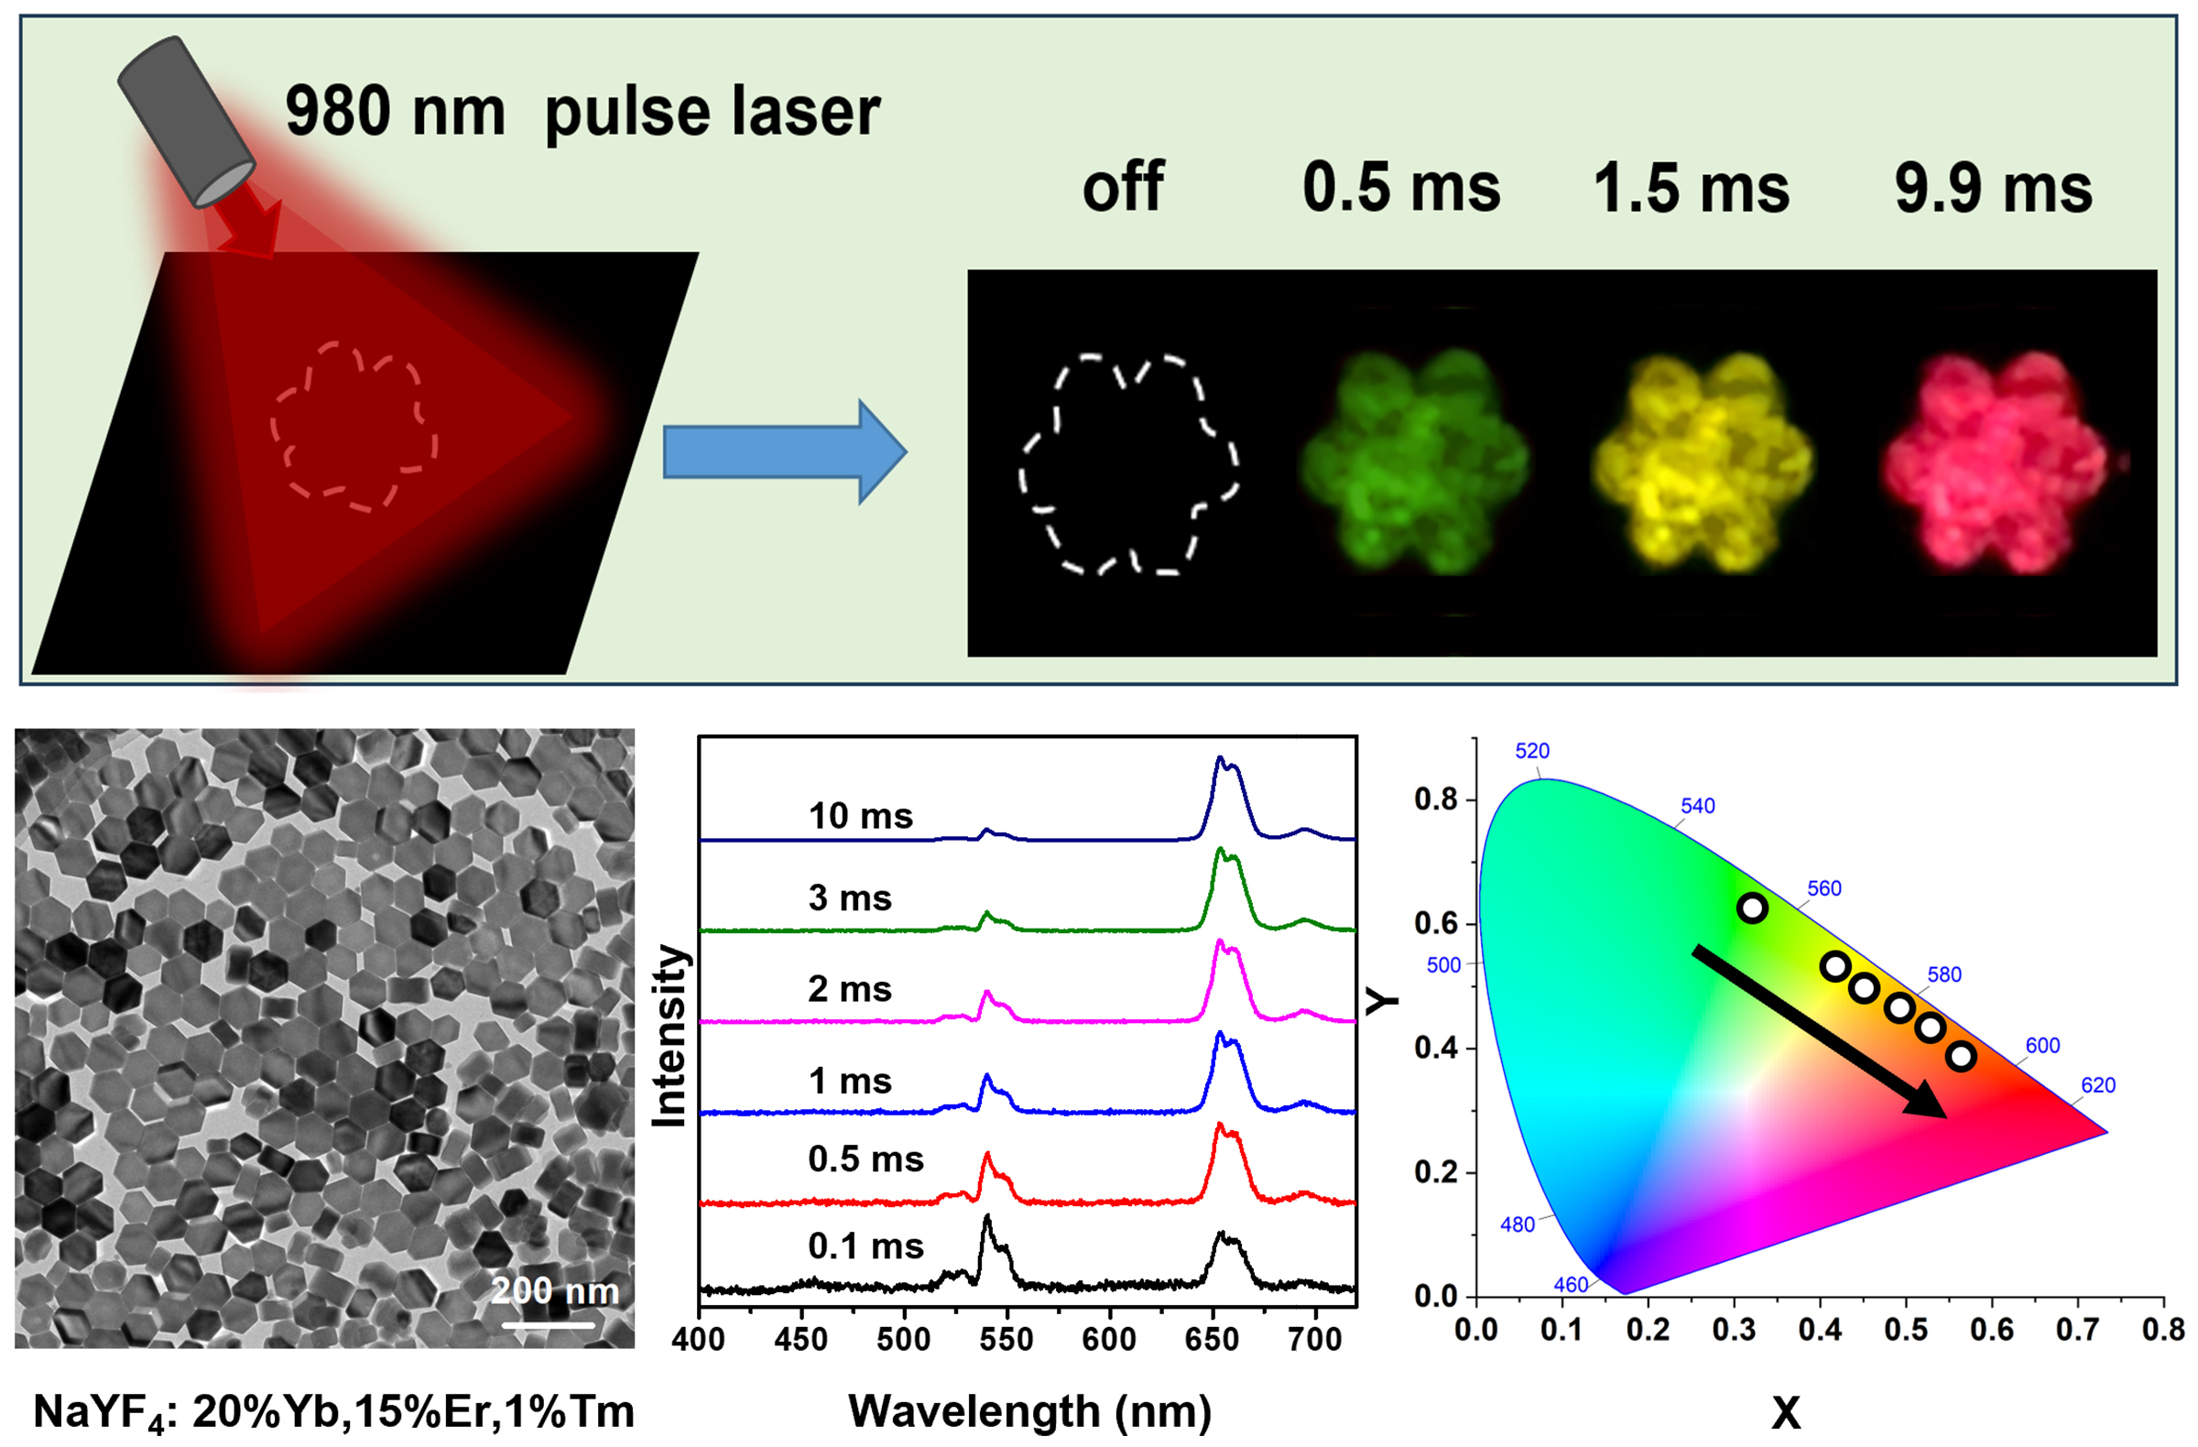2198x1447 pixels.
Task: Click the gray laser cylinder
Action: [x=185, y=120]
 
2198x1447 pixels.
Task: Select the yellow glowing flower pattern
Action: [x=1702, y=462]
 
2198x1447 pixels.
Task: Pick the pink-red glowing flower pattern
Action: [x=1995, y=462]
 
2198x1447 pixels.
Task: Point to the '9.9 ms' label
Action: [x=1993, y=190]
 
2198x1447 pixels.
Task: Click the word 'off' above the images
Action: [x=1122, y=188]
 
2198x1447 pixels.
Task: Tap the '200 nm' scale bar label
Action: [x=554, y=1291]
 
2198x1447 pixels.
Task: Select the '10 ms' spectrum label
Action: [x=860, y=816]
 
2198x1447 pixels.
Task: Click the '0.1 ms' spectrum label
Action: [x=865, y=1246]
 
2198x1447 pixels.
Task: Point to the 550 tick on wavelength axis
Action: [x=1007, y=1338]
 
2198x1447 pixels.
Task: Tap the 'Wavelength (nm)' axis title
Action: [x=1029, y=1411]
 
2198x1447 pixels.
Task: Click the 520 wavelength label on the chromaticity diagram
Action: [x=1532, y=751]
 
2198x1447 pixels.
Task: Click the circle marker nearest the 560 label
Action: [x=1752, y=908]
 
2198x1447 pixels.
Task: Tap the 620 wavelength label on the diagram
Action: [x=2097, y=1085]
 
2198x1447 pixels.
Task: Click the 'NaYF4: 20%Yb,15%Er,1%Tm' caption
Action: [x=333, y=1412]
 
